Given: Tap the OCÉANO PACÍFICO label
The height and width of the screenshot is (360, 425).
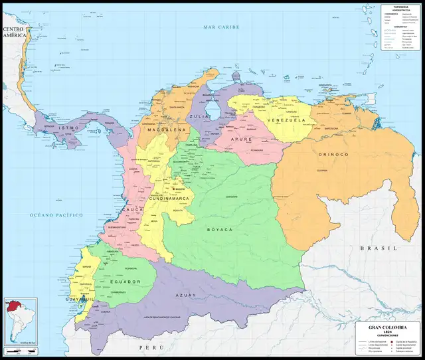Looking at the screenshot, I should point(56,215).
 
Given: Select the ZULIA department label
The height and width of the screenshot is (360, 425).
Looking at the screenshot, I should point(200,116).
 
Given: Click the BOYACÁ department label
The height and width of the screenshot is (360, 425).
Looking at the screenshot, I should point(217,229).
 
